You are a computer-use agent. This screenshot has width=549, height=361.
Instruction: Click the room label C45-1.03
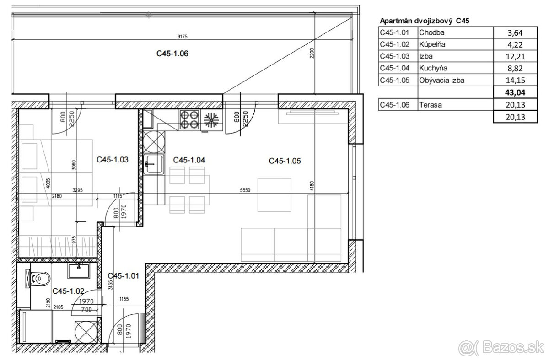113,160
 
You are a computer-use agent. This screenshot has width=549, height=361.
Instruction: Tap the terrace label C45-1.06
172,54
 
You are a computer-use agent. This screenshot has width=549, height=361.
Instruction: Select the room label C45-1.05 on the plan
285,161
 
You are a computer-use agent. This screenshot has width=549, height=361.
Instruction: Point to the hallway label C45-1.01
123,276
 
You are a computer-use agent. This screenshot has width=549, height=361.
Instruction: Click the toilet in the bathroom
38,278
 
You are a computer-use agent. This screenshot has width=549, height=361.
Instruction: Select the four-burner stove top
189,119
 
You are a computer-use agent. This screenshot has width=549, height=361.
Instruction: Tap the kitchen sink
154,164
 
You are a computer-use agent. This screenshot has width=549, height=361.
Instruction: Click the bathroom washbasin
79,270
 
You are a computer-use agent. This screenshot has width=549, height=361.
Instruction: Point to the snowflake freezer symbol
211,120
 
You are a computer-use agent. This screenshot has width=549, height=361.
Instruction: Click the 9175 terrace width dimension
183,37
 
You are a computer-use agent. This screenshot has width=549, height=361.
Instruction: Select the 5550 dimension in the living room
245,190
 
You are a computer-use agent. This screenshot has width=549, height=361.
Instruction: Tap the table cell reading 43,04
515,92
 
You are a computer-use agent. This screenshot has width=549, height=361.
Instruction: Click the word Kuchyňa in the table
433,68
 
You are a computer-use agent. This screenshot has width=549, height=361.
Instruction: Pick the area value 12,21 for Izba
516,57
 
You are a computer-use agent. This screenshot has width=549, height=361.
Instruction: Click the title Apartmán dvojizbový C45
425,21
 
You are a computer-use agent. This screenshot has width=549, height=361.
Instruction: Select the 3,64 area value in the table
515,33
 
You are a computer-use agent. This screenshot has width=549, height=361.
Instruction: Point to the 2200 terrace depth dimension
312,53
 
